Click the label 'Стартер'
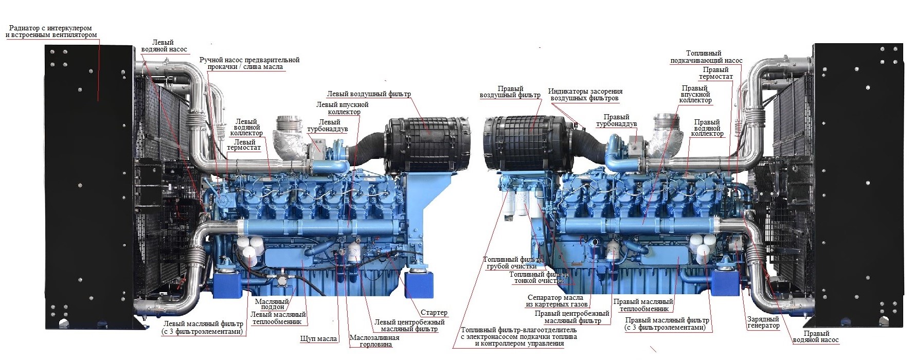(434, 313)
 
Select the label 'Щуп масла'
(318, 339)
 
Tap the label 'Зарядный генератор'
(763, 322)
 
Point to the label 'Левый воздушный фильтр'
(369, 94)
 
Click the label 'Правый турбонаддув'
(616, 120)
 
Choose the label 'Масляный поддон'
(273, 303)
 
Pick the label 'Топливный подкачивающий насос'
(706, 57)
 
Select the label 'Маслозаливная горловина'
(374, 341)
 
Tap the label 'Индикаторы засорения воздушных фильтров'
(585, 95)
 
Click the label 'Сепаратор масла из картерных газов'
(555, 301)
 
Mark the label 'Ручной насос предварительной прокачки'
(249, 63)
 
